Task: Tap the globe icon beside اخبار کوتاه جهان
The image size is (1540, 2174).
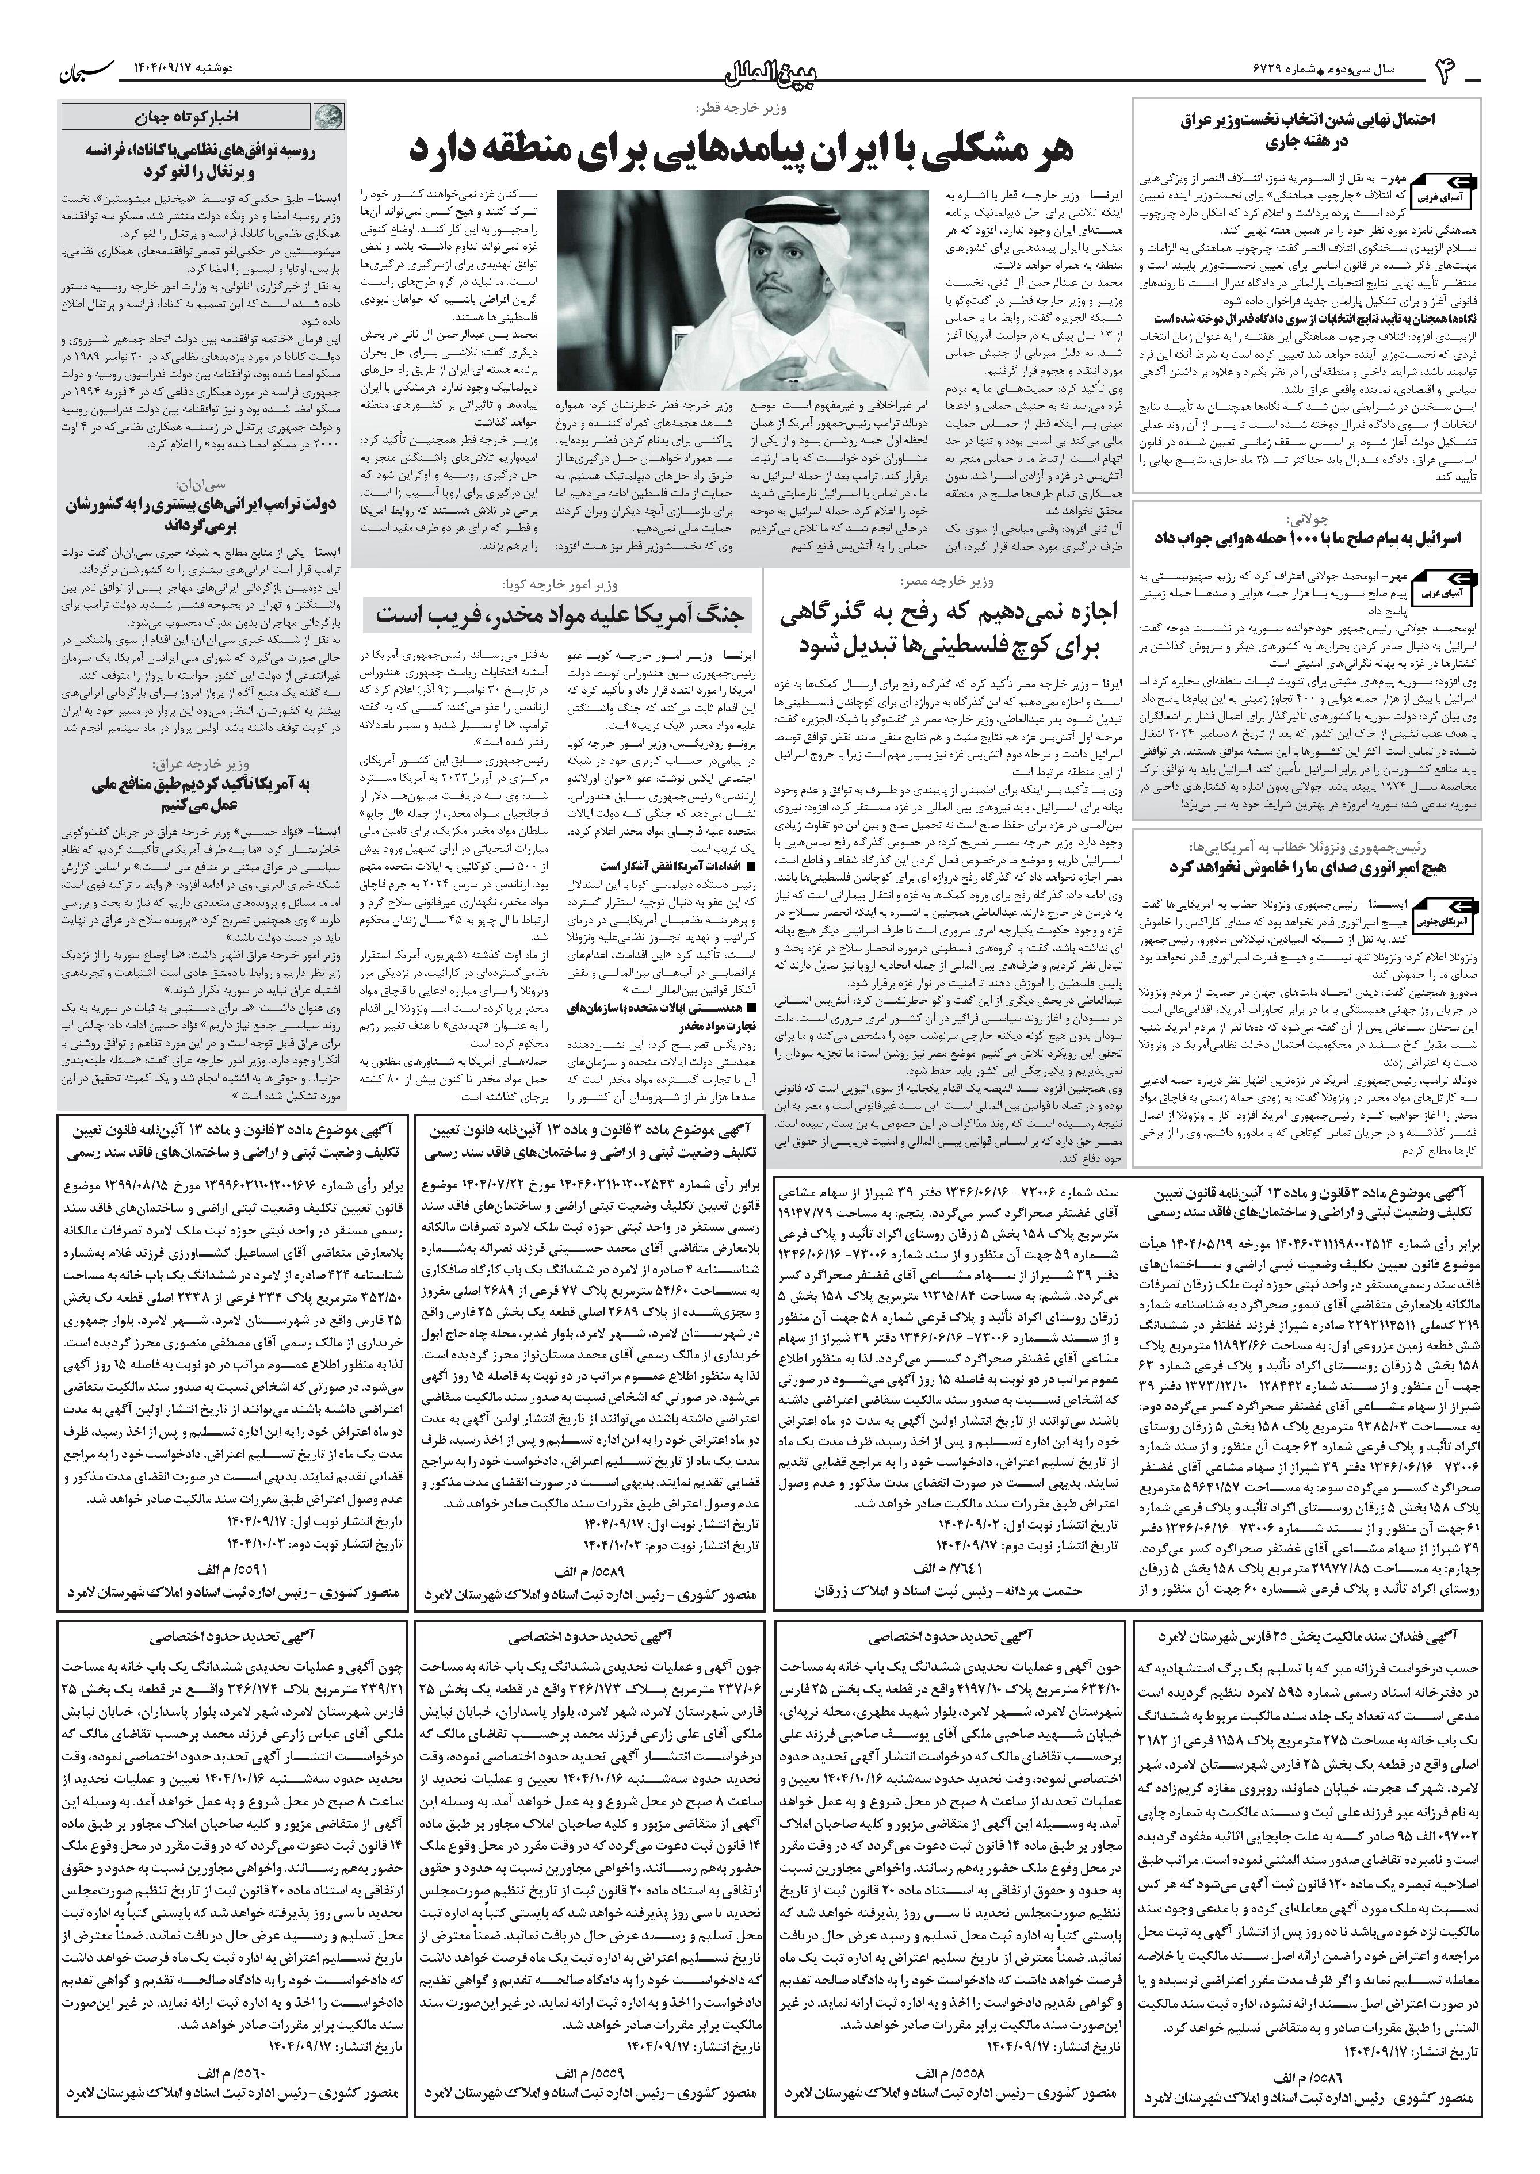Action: pyautogui.click(x=324, y=117)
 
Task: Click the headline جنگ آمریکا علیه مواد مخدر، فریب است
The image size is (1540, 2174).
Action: pyautogui.click(x=563, y=614)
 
